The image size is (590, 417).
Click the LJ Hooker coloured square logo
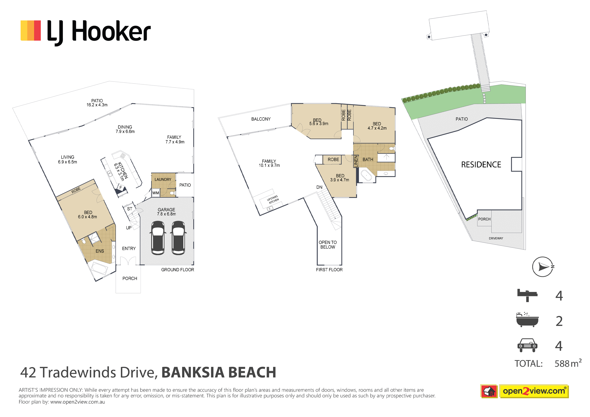[30, 30]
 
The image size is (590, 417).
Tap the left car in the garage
[157, 238]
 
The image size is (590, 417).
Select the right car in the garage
[178, 238]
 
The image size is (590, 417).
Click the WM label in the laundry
[156, 193]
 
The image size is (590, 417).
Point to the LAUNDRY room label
[163, 179]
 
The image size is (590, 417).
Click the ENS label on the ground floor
[100, 251]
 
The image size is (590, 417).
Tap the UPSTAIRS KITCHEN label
[273, 199]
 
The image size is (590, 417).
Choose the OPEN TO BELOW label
[328, 245]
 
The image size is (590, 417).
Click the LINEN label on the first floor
[356, 161]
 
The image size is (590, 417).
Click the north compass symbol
[543, 267]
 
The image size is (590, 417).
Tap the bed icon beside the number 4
[527, 295]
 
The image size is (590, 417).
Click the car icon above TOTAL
[527, 345]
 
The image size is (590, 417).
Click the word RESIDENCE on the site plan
[481, 164]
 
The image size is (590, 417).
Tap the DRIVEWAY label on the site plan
[496, 238]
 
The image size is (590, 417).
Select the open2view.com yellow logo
[534, 391]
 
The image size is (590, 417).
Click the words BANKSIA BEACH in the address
[219, 372]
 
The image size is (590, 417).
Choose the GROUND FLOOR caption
[177, 269]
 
